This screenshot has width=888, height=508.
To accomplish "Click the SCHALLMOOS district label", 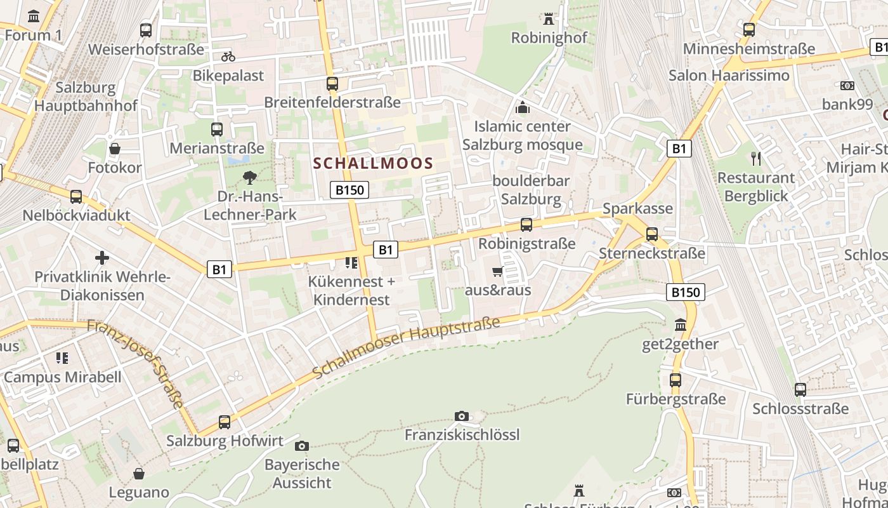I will pyautogui.click(x=373, y=163).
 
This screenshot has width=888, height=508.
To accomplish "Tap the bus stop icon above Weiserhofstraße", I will pyautogui.click(x=146, y=30).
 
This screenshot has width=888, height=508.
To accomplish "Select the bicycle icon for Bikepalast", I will pyautogui.click(x=228, y=57).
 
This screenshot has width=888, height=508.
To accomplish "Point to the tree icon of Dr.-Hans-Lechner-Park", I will pyautogui.click(x=250, y=177).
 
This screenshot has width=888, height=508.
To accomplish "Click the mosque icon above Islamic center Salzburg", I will pyautogui.click(x=523, y=107).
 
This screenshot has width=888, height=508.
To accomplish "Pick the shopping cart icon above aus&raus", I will pyautogui.click(x=498, y=272).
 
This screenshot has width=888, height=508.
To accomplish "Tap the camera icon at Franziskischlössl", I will pyautogui.click(x=462, y=417).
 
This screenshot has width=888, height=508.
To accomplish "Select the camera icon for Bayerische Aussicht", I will pyautogui.click(x=302, y=446).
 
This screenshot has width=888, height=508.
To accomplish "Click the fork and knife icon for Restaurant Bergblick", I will pyautogui.click(x=755, y=158).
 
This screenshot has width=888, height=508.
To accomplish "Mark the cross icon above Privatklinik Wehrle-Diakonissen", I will pyautogui.click(x=102, y=258).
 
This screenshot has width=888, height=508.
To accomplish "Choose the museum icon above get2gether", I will pyautogui.click(x=681, y=325).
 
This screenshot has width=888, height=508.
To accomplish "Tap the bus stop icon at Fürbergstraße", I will pyautogui.click(x=676, y=380).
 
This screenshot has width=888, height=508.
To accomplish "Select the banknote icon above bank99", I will pyautogui.click(x=847, y=85).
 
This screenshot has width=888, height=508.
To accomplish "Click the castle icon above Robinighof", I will pyautogui.click(x=549, y=19).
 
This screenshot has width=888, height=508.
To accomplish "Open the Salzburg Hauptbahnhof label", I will pyautogui.click(x=86, y=97).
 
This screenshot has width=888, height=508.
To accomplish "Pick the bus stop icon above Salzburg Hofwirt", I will pyautogui.click(x=224, y=422).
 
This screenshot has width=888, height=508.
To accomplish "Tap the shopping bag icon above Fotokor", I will pyautogui.click(x=115, y=149).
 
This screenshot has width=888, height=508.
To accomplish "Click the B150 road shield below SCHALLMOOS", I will pyautogui.click(x=349, y=190).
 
